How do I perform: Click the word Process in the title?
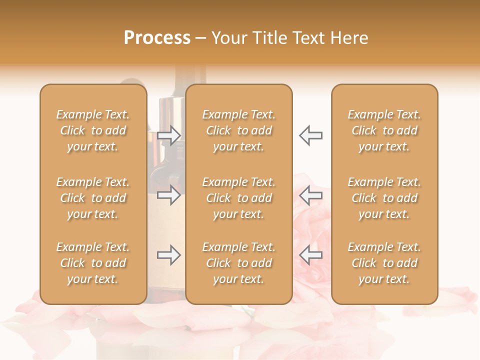[157, 38]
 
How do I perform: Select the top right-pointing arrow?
[169, 135]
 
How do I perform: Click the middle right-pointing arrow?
[169, 195]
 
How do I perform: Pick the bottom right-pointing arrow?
[169, 255]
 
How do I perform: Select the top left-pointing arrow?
[310, 135]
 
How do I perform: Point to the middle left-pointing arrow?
[310, 195]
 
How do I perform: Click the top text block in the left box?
[93, 130]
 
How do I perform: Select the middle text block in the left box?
[93, 198]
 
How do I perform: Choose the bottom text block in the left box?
[93, 263]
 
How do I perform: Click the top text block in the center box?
[238, 130]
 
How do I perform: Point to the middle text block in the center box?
[238, 198]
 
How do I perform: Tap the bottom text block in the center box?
[238, 263]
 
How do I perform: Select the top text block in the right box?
[384, 130]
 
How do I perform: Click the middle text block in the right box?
[384, 198]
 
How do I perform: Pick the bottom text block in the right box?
[384, 263]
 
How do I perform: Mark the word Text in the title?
[304, 38]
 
